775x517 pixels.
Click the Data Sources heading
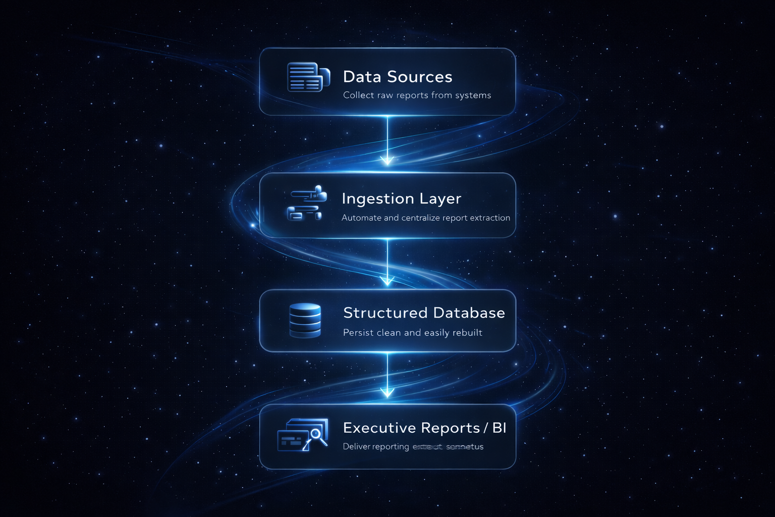coord(398,77)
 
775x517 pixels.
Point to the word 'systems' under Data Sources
coord(473,95)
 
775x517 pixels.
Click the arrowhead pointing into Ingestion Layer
coord(387,161)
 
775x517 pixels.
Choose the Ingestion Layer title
coord(401,198)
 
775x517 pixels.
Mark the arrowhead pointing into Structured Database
coord(387,281)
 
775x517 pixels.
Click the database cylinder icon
coord(305,320)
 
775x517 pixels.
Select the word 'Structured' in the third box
coord(385,313)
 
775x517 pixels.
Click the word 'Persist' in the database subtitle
coord(358,333)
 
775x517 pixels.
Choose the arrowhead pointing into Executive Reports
coord(387,392)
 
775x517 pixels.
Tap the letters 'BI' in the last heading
coord(499,428)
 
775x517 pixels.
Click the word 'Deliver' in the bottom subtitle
coord(357,447)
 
